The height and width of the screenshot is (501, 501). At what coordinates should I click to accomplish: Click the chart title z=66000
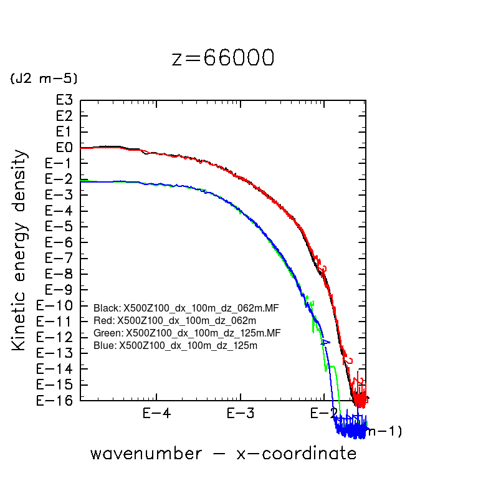pos(222,58)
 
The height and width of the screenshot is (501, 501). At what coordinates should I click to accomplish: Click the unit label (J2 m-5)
pos(43,79)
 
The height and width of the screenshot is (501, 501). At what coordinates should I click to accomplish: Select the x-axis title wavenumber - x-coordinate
pos(223,453)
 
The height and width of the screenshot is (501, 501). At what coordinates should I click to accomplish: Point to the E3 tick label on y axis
pos(64,100)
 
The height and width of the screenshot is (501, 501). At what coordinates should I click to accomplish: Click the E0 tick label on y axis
pos(64,148)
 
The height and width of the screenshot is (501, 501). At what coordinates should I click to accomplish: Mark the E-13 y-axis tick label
pos(57,353)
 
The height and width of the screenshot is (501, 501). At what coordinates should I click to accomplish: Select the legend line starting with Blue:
pos(176,345)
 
